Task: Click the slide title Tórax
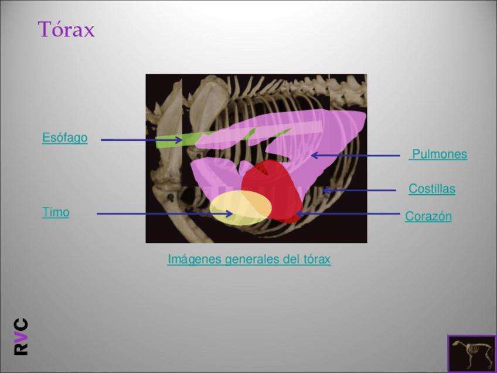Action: click(x=66, y=29)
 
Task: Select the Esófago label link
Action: click(x=64, y=138)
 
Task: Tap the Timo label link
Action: click(x=56, y=212)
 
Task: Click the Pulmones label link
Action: click(x=439, y=154)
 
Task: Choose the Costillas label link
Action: click(x=432, y=189)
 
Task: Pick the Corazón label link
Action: click(x=428, y=216)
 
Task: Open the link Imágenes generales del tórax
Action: click(x=249, y=259)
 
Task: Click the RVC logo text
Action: click(x=21, y=336)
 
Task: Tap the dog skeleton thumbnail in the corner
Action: click(x=471, y=353)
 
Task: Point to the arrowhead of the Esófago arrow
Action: click(x=179, y=140)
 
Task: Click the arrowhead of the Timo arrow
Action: click(x=230, y=214)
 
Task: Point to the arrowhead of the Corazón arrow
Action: click(x=298, y=214)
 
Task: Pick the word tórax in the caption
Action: click(x=316, y=259)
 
